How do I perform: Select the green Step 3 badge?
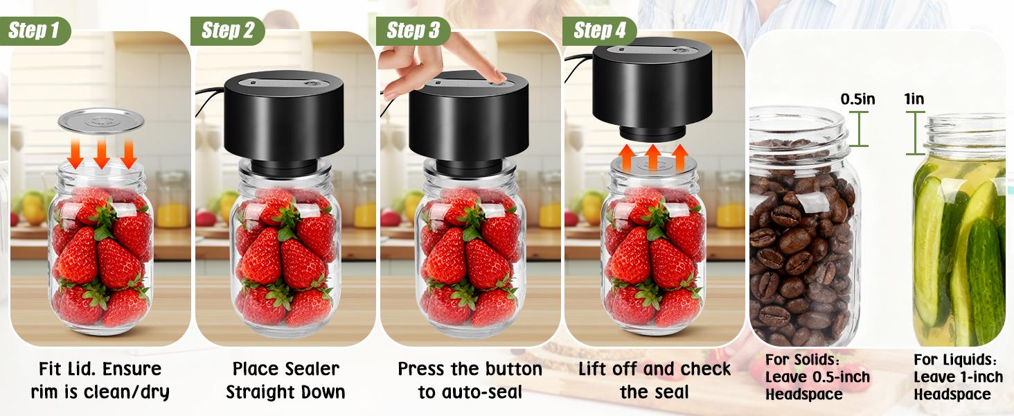[x=413, y=31]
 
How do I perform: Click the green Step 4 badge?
[x=600, y=31]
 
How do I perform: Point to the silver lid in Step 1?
[x=101, y=121]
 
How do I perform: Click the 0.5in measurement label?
[x=857, y=99]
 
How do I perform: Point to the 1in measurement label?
[x=914, y=99]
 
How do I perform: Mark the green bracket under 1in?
[x=916, y=132]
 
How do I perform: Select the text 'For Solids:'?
[x=802, y=361]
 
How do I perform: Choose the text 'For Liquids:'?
[x=955, y=361]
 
